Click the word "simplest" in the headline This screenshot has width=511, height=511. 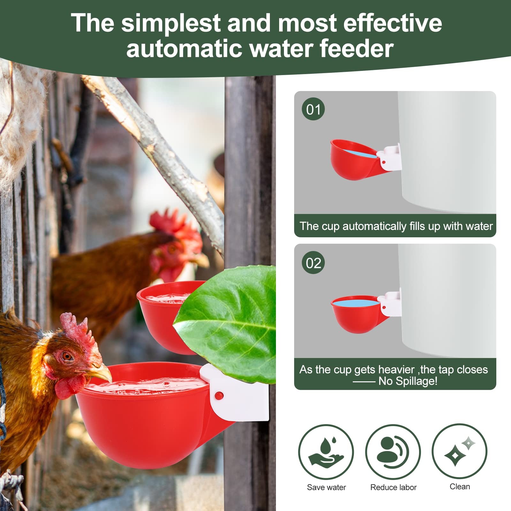coord(171,23)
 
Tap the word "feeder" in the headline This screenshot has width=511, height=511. coord(357,49)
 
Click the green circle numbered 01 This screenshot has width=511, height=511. coord(313,109)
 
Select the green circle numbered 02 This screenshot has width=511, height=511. coord(313,263)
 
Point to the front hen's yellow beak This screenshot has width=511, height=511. coord(100,372)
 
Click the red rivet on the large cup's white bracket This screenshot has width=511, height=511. coord(219,396)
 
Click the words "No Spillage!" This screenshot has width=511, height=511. coord(408,381)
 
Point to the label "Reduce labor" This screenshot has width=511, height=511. coord(393,487)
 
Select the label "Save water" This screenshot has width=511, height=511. coord(326,487)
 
